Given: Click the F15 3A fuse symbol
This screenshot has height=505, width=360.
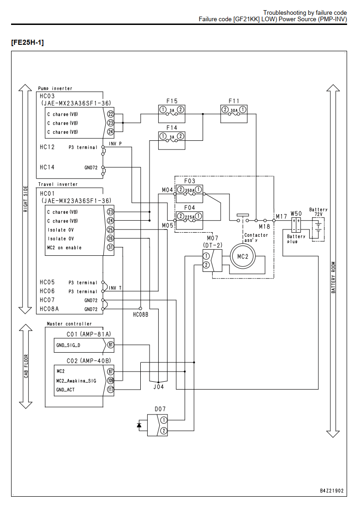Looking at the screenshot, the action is tap(172, 114).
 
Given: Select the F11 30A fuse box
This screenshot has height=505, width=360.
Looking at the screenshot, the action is tap(234, 114).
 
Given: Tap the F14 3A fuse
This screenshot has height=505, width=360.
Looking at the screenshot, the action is tap(172, 140).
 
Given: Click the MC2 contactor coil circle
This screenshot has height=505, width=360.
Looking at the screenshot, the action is tap(242, 257).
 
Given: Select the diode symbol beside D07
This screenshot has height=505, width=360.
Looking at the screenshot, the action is tap(139, 425).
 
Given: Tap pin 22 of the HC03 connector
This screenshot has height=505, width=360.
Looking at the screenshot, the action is tap(110, 114).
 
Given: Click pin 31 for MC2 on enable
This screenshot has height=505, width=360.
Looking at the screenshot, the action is tap(110, 247).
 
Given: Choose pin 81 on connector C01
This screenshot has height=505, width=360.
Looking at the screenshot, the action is tap(110, 345).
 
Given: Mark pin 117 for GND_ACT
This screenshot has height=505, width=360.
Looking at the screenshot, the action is tap(110, 390).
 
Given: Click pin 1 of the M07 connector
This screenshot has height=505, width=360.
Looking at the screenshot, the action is tap(206, 256).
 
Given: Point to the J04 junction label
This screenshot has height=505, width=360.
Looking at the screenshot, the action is tap(158, 387).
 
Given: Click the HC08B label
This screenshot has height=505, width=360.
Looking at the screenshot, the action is tap(141, 315).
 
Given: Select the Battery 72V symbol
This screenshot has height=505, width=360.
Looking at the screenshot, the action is tap(318, 229).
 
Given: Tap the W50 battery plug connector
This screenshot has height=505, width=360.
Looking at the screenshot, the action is tap(296, 225).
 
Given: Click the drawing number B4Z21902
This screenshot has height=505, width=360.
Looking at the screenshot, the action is tap(332, 491).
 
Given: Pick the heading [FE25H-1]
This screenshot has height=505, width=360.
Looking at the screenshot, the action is tap(27, 42).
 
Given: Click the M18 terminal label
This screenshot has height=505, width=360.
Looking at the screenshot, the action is tap(264, 227).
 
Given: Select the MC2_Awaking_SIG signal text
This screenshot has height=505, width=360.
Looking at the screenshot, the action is tap(76, 381).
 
